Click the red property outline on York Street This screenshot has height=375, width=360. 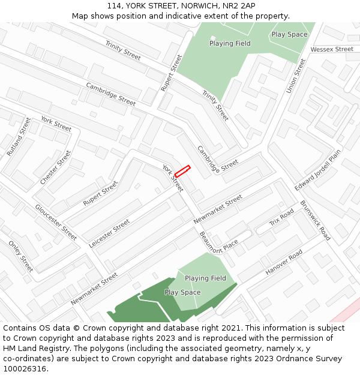point(182,170)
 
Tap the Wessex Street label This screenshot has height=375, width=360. point(332,49)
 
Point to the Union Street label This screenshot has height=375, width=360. point(296,76)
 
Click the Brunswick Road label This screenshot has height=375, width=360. point(315,220)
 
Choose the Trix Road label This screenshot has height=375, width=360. point(281,218)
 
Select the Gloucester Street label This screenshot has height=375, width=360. point(56,222)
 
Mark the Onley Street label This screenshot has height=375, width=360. point(20,256)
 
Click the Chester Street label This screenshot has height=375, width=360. point(55,167)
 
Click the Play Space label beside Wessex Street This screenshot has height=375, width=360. point(289,34)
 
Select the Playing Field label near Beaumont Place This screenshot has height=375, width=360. point(205,278)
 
